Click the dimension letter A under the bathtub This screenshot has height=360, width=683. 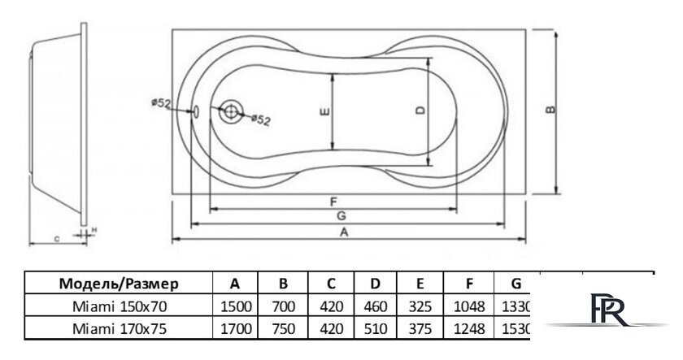[x=344, y=232]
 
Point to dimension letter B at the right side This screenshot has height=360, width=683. [x=551, y=111]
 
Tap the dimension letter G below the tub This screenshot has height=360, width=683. [x=342, y=215]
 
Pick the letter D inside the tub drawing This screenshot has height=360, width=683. [x=420, y=112]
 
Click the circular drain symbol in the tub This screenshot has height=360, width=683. [x=232, y=112]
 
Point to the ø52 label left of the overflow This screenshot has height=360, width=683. [x=159, y=102]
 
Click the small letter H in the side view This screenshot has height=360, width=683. [x=94, y=231]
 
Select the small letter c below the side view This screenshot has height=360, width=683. [x=56, y=239]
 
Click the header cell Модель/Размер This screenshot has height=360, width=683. [x=119, y=284]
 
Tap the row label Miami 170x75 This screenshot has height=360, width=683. [x=119, y=328]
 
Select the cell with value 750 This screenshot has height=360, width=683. [x=282, y=328]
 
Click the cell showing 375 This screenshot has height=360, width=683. [x=421, y=328]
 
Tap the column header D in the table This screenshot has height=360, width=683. [x=375, y=284]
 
